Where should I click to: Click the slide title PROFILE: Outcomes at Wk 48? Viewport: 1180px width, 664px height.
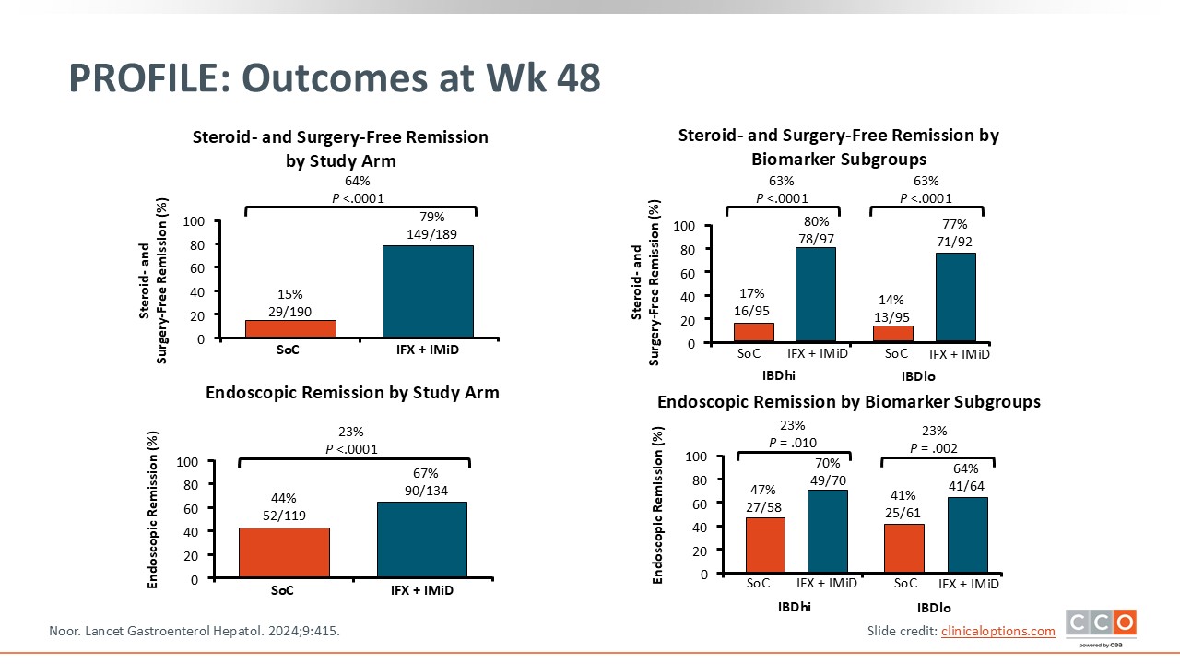(335, 79)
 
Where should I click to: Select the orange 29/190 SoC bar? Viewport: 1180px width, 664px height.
(290, 329)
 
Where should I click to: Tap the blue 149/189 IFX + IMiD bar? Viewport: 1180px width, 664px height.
(427, 291)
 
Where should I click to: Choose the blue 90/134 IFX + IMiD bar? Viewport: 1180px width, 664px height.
(421, 540)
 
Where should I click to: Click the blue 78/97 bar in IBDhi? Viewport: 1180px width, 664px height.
(816, 295)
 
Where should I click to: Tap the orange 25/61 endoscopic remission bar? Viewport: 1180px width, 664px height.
(903, 549)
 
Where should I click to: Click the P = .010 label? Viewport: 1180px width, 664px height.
(793, 443)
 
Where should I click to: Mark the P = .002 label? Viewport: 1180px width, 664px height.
(934, 448)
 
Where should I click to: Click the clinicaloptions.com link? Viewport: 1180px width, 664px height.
(997, 631)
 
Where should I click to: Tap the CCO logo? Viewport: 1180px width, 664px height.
(1101, 624)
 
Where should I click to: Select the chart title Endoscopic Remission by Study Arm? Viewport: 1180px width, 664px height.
(352, 393)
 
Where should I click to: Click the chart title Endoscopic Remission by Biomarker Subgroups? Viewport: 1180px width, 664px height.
(848, 402)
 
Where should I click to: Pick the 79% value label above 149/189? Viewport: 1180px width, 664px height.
(432, 217)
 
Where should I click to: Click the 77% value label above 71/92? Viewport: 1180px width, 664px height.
(954, 224)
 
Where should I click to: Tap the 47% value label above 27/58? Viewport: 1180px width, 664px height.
(762, 490)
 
